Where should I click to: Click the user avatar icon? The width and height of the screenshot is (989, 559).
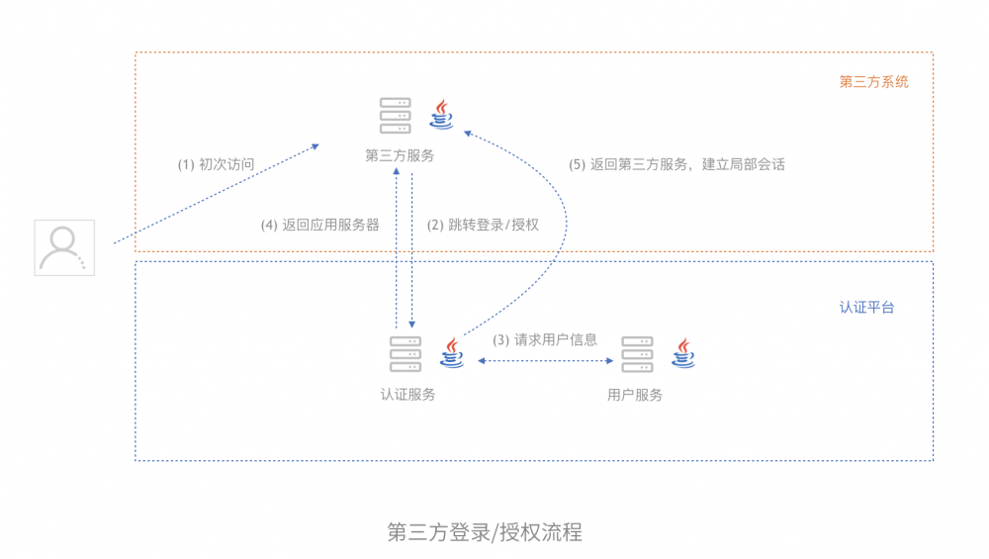(x=64, y=247)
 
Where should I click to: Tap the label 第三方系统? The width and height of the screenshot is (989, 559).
(x=873, y=82)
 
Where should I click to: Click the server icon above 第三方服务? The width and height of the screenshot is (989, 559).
(x=396, y=116)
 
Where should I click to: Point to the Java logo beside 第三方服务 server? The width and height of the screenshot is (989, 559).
(x=442, y=115)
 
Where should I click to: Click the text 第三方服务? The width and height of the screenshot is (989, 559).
(x=400, y=155)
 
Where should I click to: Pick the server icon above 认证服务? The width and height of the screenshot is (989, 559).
(x=405, y=353)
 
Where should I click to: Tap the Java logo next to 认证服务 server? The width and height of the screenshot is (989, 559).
(x=452, y=352)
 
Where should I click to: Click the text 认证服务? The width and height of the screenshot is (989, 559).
(x=408, y=394)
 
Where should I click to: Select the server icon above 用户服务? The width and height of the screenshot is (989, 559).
(x=637, y=353)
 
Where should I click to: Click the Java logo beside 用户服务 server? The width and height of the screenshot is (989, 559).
(x=682, y=352)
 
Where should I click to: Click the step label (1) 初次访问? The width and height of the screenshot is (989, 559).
(x=216, y=164)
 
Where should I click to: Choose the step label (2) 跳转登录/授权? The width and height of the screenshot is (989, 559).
(x=483, y=225)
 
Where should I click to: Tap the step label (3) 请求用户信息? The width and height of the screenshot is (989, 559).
(x=545, y=339)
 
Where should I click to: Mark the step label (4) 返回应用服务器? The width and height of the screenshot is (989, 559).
(x=320, y=225)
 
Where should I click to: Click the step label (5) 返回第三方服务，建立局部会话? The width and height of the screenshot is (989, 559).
(x=677, y=164)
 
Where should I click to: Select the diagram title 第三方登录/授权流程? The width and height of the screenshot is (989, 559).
(x=485, y=532)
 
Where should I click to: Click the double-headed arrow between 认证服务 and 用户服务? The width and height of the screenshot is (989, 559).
(x=545, y=361)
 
